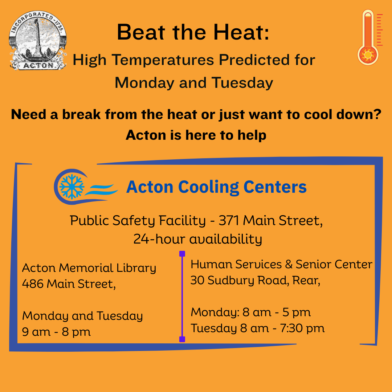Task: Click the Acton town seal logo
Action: pos(38,40)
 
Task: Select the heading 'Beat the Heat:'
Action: pos(193,32)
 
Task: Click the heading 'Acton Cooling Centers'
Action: pos(216,187)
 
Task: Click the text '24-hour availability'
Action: pos(197,239)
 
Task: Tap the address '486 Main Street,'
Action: pos(69,283)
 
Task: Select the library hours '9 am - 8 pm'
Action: pos(56,331)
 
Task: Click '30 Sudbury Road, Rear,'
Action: pos(255,281)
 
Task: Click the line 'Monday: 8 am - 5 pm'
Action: pos(251,312)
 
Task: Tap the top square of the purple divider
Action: pos(182,254)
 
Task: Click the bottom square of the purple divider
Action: pos(182,339)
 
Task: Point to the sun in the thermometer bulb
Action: pos(368,55)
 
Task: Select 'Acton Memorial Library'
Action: pos(89,268)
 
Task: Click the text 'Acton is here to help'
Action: pos(196,135)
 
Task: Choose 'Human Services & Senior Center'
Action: pos(281,265)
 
